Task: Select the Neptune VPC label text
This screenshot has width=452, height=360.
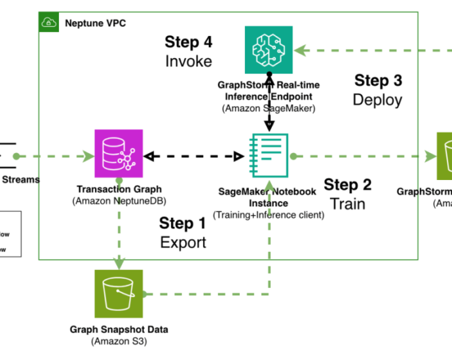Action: pyautogui.click(x=96, y=24)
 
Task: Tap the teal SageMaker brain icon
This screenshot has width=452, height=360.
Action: pyautogui.click(x=269, y=50)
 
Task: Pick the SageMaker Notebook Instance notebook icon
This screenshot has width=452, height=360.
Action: pyautogui.click(x=269, y=156)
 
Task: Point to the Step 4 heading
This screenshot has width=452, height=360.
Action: pyautogui.click(x=189, y=42)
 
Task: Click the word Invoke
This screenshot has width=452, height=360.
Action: pyautogui.click(x=189, y=61)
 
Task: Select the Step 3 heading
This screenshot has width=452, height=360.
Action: pyautogui.click(x=378, y=81)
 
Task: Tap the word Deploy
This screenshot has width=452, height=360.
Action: pyautogui.click(x=377, y=99)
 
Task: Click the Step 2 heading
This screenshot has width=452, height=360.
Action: pyautogui.click(x=348, y=185)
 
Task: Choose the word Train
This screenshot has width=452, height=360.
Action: pyautogui.click(x=348, y=204)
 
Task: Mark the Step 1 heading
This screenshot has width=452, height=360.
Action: pyautogui.click(x=183, y=223)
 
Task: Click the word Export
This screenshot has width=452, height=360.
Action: pyautogui.click(x=183, y=242)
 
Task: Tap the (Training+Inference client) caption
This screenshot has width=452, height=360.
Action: pyautogui.click(x=268, y=213)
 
